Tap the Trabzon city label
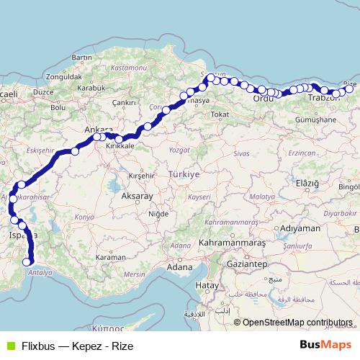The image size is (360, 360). click(x=323, y=97)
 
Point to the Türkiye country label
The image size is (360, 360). click(x=182, y=174)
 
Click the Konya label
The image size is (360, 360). click(x=85, y=217)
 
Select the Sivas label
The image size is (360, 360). click(x=241, y=154)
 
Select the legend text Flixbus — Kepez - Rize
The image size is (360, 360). click(x=77, y=346)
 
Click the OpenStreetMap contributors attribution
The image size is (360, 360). click(x=297, y=323)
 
